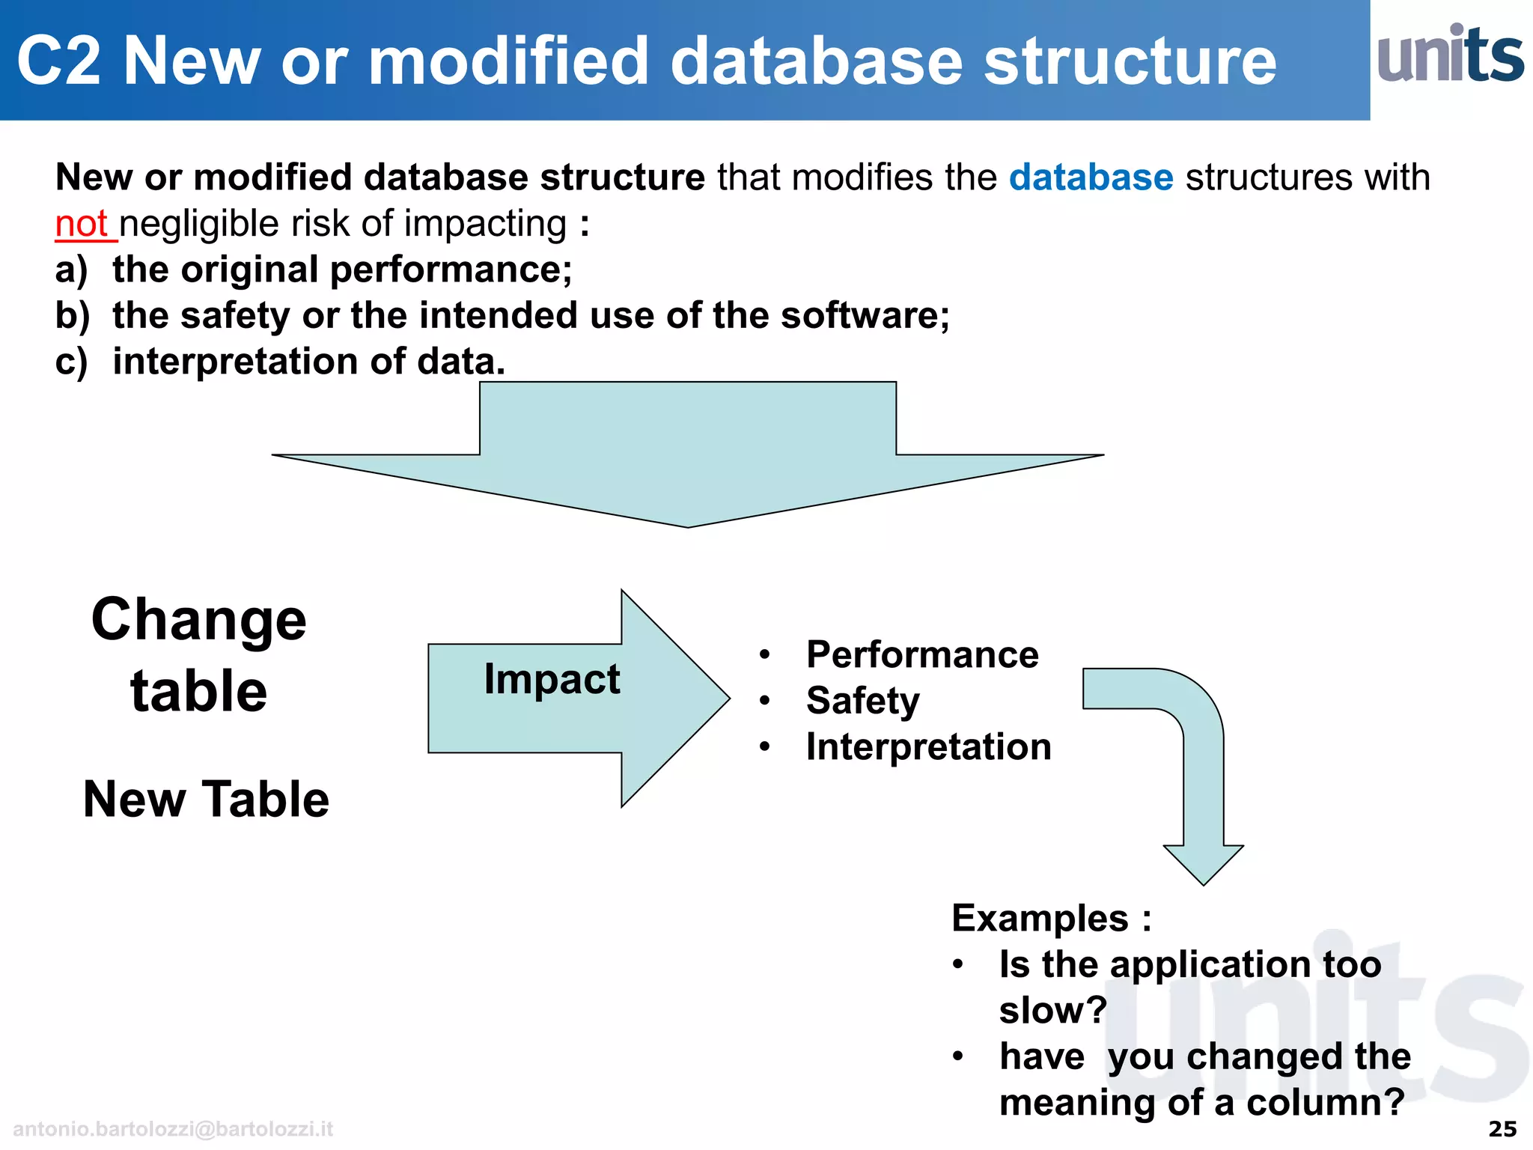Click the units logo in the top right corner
coord(1450,54)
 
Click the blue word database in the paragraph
coord(1091,178)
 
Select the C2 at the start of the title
coord(58,61)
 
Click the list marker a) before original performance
coord(71,270)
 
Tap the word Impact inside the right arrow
coord(552,680)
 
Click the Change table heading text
coord(199,654)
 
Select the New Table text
coord(206,799)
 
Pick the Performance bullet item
coord(921,655)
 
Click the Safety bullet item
coord(862,701)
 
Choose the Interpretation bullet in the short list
coord(928,747)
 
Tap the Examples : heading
coord(1051,918)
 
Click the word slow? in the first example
coord(1052,1011)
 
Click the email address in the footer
coord(173,1129)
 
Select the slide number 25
coord(1502,1129)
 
